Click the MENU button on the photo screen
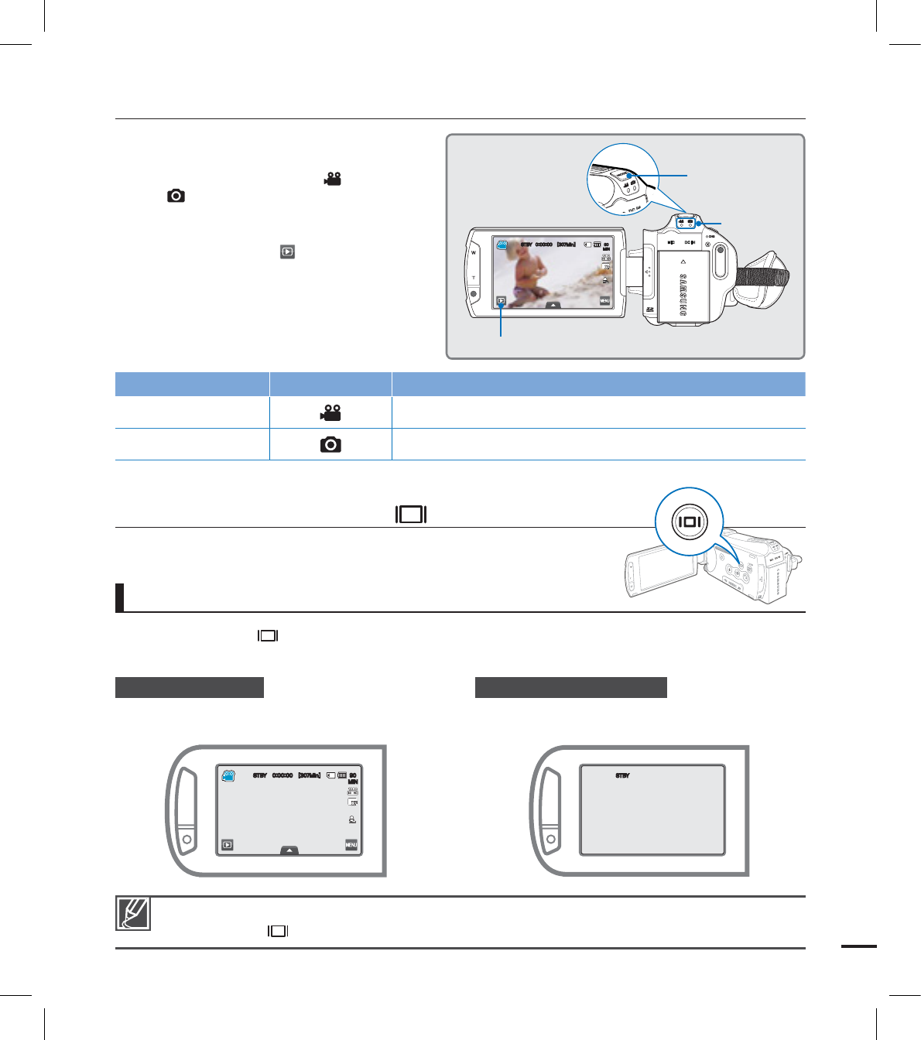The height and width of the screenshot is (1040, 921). coord(604,300)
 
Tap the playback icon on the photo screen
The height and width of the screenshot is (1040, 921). coord(502,300)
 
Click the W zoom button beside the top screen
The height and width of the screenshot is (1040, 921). coord(474,253)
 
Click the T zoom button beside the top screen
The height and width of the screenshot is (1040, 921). coord(474,278)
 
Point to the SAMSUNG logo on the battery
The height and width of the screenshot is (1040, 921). coord(683,295)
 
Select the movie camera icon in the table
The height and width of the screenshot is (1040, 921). coord(330,413)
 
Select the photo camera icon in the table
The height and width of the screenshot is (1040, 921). coord(330,445)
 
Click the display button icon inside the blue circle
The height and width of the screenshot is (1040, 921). coord(689,522)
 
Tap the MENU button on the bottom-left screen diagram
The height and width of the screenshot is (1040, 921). coord(351,845)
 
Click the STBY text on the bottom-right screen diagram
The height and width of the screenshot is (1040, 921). coord(622,775)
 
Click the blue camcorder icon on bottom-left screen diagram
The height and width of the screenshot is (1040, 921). coord(228,775)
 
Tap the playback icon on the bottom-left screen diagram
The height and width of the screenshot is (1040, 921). coord(228,845)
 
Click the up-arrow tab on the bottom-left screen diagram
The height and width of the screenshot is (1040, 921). coord(289,850)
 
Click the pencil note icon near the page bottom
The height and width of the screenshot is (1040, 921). coord(133,913)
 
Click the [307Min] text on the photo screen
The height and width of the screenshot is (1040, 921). coord(566,245)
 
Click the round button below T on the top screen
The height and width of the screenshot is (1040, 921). coord(474,295)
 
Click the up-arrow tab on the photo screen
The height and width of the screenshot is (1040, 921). coord(553,305)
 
